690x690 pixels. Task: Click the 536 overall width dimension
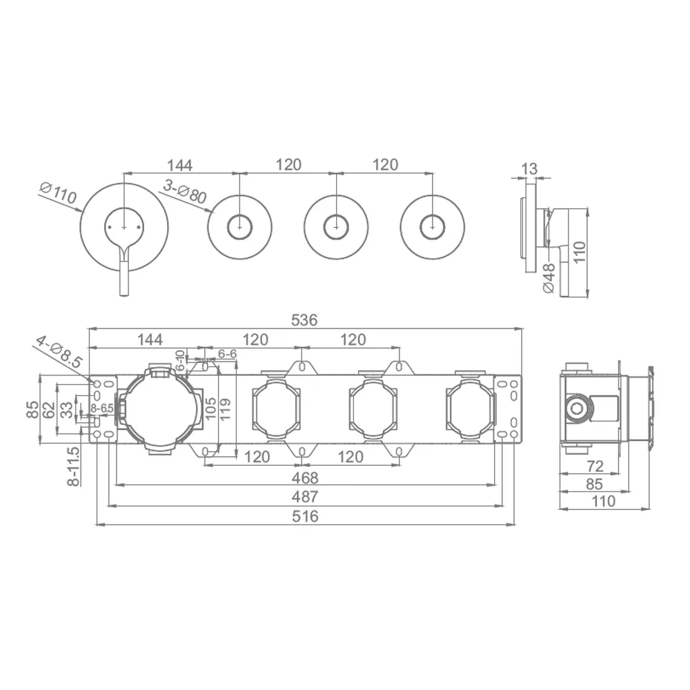pyautogui.click(x=304, y=320)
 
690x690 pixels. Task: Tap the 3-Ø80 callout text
pyautogui.click(x=185, y=192)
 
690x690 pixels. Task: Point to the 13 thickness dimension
pyautogui.click(x=529, y=168)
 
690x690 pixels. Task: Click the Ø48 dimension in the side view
pyautogui.click(x=549, y=278)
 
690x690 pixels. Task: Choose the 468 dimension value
pyautogui.click(x=304, y=477)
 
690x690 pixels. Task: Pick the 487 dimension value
pyautogui.click(x=304, y=496)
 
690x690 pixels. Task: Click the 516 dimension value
pyautogui.click(x=305, y=515)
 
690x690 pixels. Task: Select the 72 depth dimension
pyautogui.click(x=595, y=466)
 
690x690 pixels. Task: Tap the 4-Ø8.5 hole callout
pyautogui.click(x=59, y=352)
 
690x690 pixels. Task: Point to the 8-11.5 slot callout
pyautogui.click(x=74, y=466)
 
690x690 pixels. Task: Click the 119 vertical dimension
pyautogui.click(x=225, y=409)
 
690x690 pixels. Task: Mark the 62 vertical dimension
pyautogui.click(x=49, y=410)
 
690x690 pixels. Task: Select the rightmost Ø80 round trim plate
pyautogui.click(x=433, y=228)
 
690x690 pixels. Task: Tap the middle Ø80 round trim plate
pyautogui.click(x=336, y=228)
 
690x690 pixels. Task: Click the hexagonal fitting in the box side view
pyautogui.click(x=576, y=408)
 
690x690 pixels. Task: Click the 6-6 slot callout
pyautogui.click(x=228, y=354)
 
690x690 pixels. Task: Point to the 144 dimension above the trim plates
pyautogui.click(x=179, y=166)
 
